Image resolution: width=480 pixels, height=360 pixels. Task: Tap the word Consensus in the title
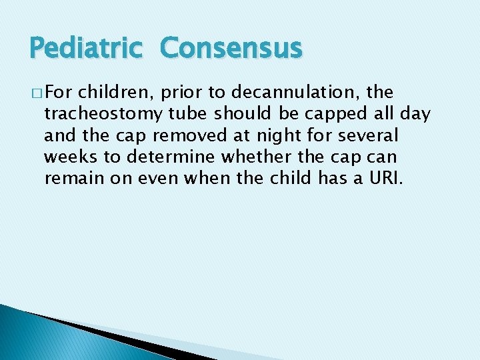pos(231,49)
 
